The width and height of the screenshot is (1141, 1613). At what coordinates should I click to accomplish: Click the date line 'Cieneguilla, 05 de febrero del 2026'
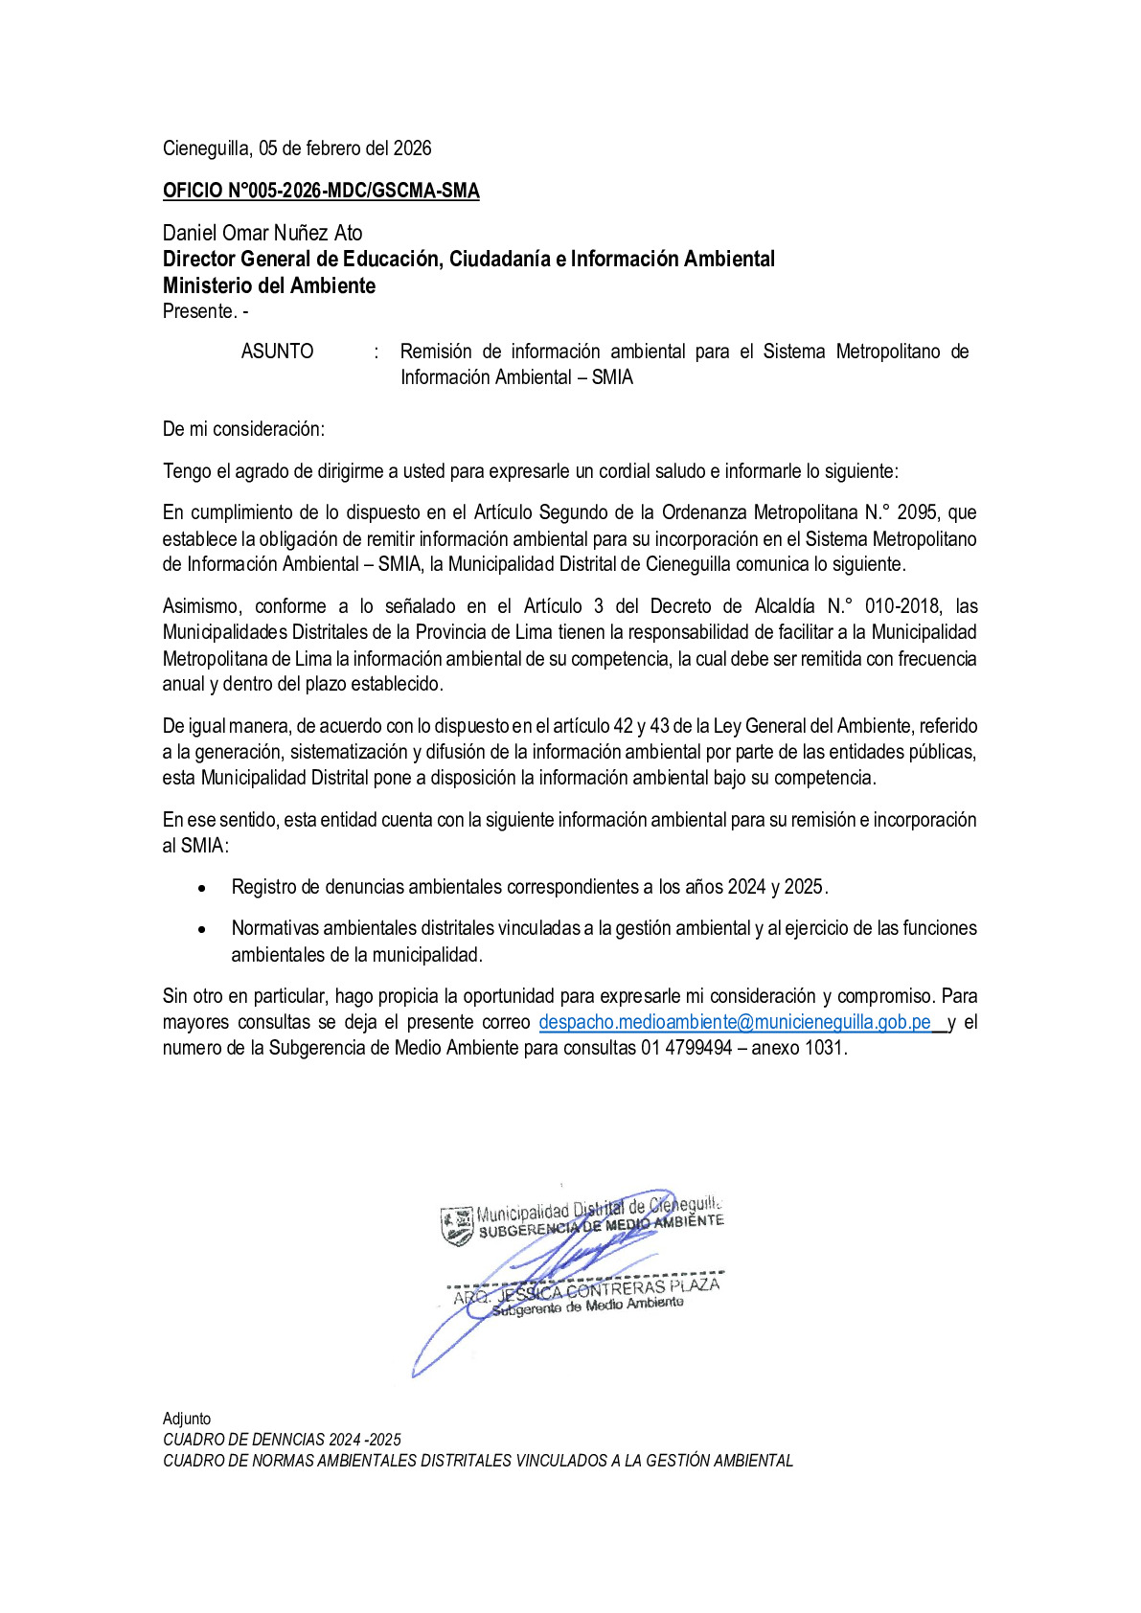pos(297,148)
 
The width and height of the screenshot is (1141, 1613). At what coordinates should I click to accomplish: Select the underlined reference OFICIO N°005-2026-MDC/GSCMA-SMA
pos(321,191)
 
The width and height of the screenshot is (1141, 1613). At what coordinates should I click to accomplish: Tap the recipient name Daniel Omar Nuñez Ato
pos(262,233)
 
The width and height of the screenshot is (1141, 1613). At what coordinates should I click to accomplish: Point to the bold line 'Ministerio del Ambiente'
pos(269,285)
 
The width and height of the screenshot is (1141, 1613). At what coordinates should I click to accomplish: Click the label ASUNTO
pos(277,352)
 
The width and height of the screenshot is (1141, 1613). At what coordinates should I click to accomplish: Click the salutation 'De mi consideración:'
pos(243,429)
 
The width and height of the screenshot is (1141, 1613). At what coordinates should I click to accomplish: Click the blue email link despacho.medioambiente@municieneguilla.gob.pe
pos(735,1022)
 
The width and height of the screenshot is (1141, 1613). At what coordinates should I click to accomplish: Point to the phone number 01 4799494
pos(687,1048)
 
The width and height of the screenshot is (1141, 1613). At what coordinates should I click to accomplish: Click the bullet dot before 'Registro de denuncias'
pos(201,888)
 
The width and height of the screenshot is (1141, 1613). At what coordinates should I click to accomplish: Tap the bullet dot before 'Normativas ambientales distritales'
pos(201,929)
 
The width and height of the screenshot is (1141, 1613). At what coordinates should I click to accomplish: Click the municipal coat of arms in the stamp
pos(457,1224)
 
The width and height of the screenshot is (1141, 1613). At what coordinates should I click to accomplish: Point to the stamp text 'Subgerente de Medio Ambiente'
pos(588,1306)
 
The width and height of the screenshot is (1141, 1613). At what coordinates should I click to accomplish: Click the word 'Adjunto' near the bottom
pos(187,1419)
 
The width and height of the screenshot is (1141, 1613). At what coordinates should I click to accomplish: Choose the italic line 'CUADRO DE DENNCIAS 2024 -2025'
pos(282,1440)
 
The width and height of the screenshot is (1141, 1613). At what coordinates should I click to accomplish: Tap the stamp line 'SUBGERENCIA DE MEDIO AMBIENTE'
pos(601,1225)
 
